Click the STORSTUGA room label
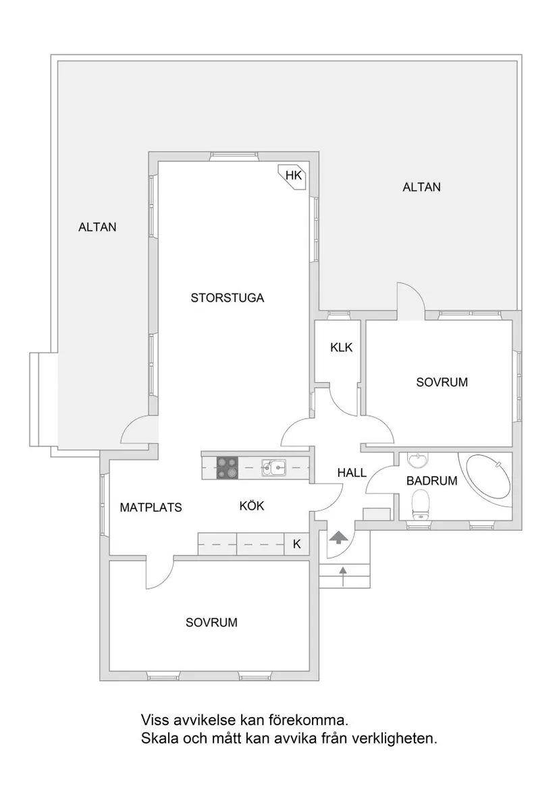pos(227,298)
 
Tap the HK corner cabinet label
pos(292,176)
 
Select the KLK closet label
pos(341,348)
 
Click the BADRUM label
pos(432,481)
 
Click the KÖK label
pos(252,506)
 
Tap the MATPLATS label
pos(151,508)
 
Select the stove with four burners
pos(228,468)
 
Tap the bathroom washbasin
pos(419,461)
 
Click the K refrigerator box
pos(296,544)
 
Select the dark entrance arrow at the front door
pos(338,537)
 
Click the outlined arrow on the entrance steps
pos(344,575)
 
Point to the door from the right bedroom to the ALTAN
pos(410,300)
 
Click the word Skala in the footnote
pos(157,739)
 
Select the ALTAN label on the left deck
pos(97,228)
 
